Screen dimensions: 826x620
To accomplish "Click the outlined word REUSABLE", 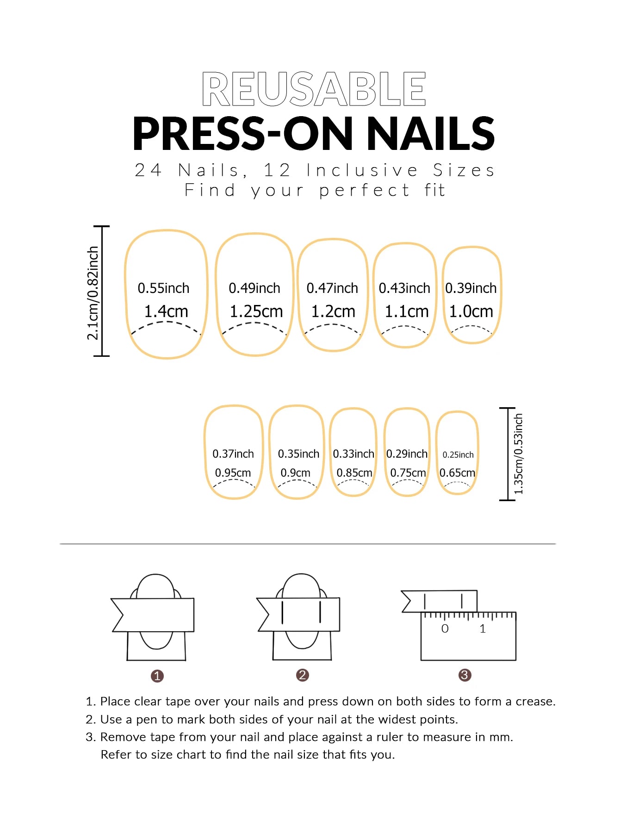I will (314, 89).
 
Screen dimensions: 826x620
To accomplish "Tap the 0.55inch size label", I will (163, 288).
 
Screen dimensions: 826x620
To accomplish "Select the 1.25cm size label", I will (256, 311).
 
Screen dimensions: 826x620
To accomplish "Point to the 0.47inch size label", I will (332, 288).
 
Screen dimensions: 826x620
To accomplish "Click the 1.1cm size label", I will (407, 311).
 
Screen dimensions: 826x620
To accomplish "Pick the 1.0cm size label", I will (471, 311).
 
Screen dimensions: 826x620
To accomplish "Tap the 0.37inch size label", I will (233, 454).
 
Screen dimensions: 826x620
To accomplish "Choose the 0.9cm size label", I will (295, 473).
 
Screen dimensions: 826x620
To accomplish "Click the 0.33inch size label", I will (353, 454).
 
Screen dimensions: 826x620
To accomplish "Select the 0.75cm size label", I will (408, 473).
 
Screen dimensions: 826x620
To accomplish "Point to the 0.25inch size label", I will (458, 455).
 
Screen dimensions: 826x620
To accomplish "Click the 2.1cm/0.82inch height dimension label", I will (93, 293).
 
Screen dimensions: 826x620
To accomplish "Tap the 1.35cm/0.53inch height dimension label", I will (519, 453).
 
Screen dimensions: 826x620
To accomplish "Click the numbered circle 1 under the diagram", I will (157, 676).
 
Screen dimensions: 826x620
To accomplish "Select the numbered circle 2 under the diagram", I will (303, 675).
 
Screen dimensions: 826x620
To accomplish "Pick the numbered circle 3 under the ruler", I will (465, 675).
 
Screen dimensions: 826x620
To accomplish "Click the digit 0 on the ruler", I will (445, 629).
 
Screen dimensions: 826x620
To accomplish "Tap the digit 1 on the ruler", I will (483, 629).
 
